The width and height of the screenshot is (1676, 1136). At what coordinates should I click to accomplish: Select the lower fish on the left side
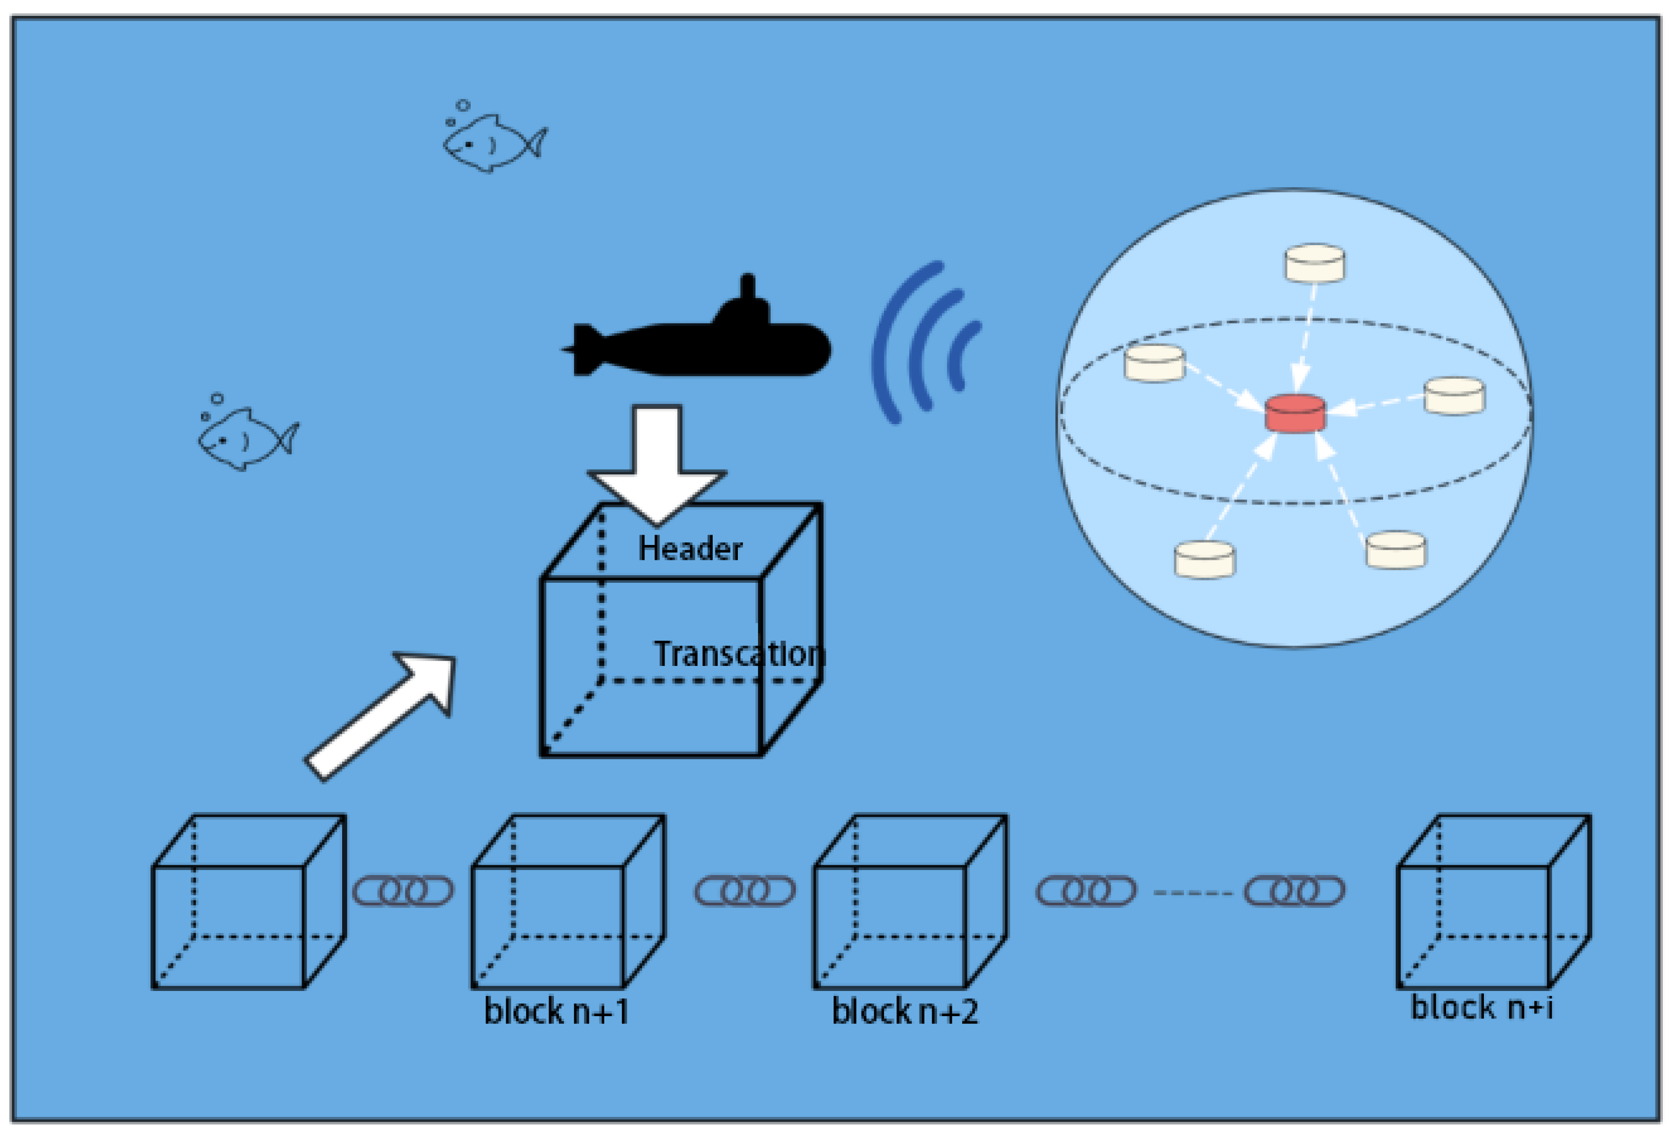(246, 438)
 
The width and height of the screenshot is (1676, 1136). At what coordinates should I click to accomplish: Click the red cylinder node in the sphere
(1294, 414)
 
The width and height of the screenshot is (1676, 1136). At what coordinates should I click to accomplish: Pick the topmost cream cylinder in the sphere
(1314, 263)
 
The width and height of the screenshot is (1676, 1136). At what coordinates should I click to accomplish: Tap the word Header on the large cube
(690, 549)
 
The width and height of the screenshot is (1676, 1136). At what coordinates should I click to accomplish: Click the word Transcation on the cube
(738, 654)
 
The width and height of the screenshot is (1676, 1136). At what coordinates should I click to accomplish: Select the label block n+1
(556, 1011)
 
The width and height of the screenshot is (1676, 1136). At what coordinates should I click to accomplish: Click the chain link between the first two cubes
(402, 891)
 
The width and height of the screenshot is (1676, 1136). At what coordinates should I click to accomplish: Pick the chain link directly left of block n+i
(1294, 891)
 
